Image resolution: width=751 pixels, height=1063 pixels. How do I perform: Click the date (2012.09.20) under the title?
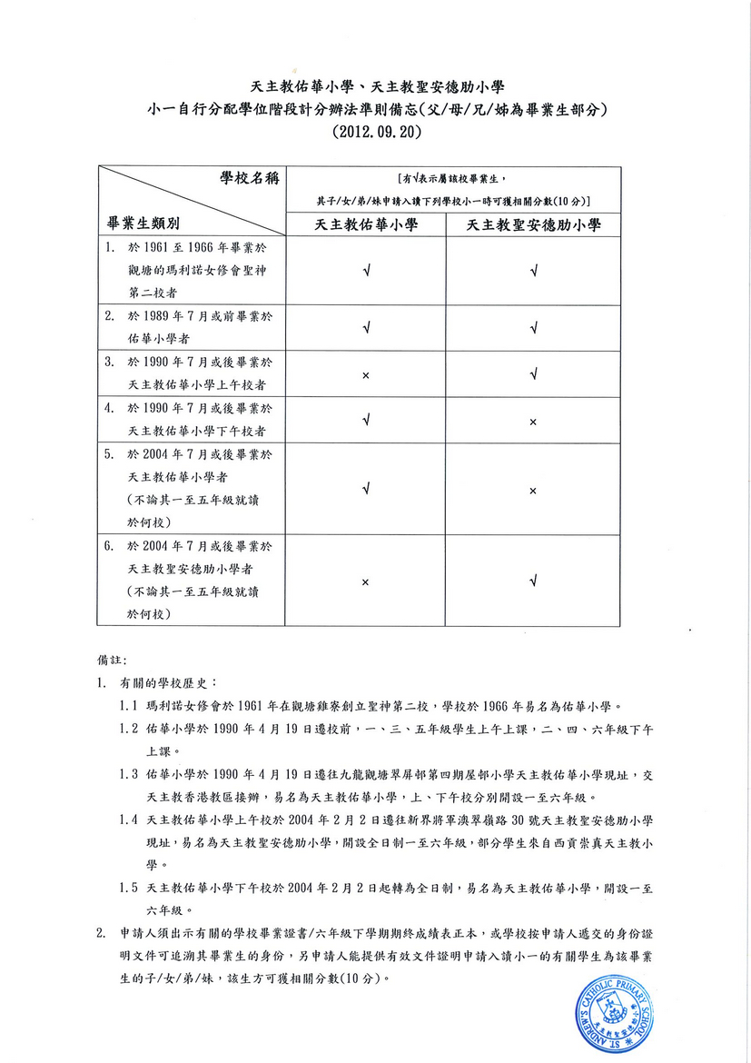[x=377, y=131]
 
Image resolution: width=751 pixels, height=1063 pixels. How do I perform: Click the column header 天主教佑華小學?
[x=366, y=225]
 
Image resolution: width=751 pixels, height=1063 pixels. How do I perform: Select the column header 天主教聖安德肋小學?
[x=533, y=225]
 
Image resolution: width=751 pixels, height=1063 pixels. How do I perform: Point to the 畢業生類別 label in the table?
[x=143, y=223]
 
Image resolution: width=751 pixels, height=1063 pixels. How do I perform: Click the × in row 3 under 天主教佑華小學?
[x=365, y=375]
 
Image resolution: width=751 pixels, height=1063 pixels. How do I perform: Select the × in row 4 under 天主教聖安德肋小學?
[x=533, y=422]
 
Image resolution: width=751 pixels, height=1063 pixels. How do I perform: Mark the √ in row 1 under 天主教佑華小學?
[x=365, y=270]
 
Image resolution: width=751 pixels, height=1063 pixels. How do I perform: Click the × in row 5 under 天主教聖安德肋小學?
[x=533, y=491]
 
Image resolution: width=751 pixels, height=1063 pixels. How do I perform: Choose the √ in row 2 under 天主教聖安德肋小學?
[x=533, y=328]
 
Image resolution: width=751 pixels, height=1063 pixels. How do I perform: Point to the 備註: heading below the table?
[x=113, y=656]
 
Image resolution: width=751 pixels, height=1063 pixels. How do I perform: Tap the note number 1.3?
[x=128, y=775]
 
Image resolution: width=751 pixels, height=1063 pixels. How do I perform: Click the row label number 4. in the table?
[x=109, y=410]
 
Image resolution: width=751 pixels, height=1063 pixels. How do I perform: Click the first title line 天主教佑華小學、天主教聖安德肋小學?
[x=377, y=87]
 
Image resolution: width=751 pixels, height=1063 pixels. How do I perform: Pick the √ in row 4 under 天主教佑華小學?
[x=365, y=420]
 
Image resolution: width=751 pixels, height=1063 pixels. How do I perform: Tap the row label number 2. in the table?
[x=109, y=317]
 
